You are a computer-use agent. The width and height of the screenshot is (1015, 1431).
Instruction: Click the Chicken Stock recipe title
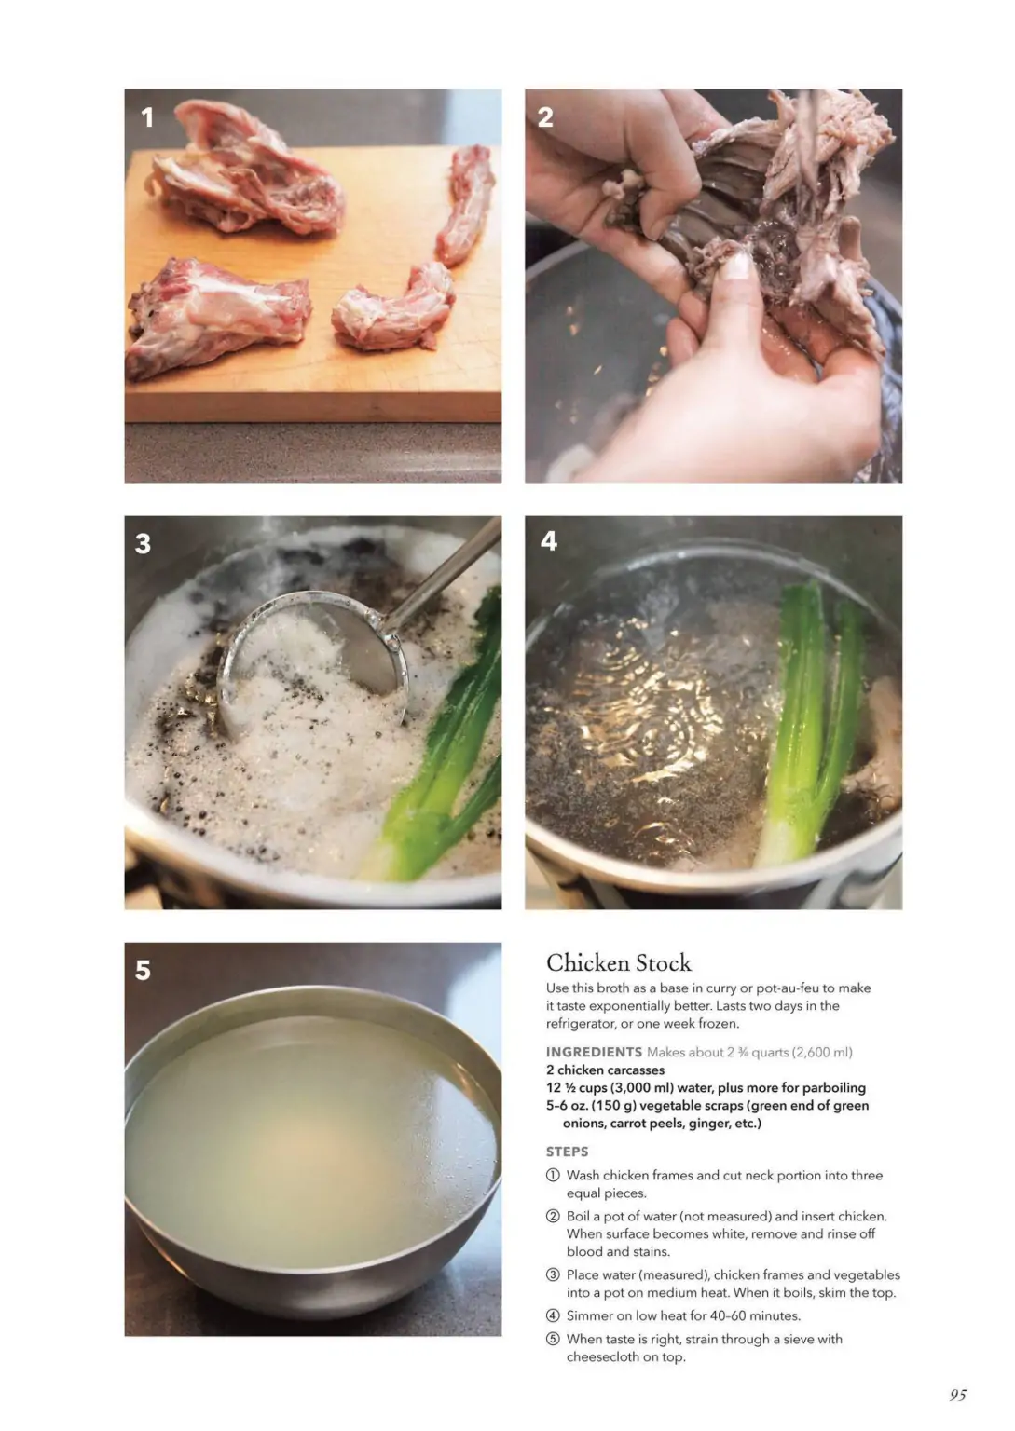tap(618, 962)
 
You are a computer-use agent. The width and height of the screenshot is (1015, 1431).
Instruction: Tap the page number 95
tap(957, 1395)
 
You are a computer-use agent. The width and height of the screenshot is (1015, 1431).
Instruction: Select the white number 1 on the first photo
tap(147, 116)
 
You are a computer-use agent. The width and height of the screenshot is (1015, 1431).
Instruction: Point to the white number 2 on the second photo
tap(545, 116)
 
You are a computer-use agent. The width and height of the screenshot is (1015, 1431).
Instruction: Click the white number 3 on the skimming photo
tap(144, 544)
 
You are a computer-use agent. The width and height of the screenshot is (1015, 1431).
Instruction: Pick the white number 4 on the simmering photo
tap(549, 541)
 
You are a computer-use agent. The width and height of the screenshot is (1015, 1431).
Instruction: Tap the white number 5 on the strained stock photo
tap(144, 970)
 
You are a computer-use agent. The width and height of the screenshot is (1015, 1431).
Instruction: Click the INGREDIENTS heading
tap(594, 1052)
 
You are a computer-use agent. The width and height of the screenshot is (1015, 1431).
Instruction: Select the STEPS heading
tap(567, 1152)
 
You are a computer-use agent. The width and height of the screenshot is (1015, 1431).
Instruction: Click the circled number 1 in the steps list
tap(553, 1176)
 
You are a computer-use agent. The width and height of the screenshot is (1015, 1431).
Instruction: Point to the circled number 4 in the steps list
tap(553, 1316)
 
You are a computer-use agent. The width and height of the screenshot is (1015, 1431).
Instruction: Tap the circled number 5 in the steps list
tap(553, 1339)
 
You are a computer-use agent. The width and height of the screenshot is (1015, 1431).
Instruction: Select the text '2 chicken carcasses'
tap(605, 1070)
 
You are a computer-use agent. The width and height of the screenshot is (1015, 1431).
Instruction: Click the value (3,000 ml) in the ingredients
tap(641, 1088)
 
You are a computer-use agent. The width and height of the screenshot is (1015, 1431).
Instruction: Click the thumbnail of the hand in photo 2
tap(735, 266)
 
